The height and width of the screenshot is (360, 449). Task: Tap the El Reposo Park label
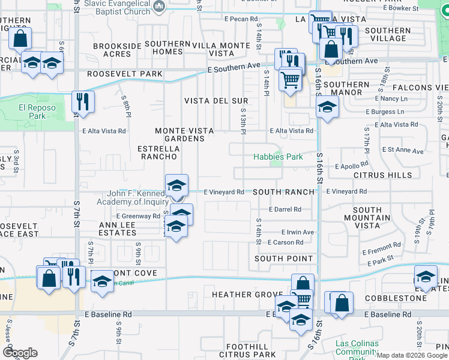32,112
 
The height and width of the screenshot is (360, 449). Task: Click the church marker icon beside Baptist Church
159,7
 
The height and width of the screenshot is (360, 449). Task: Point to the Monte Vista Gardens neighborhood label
179,134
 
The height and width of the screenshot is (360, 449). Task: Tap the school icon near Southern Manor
327,107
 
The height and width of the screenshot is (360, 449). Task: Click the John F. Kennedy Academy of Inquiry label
137,197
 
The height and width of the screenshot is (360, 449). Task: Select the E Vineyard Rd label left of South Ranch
223,192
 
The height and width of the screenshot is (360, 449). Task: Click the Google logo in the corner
20,353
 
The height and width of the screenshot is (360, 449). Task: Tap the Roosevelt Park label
124,74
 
